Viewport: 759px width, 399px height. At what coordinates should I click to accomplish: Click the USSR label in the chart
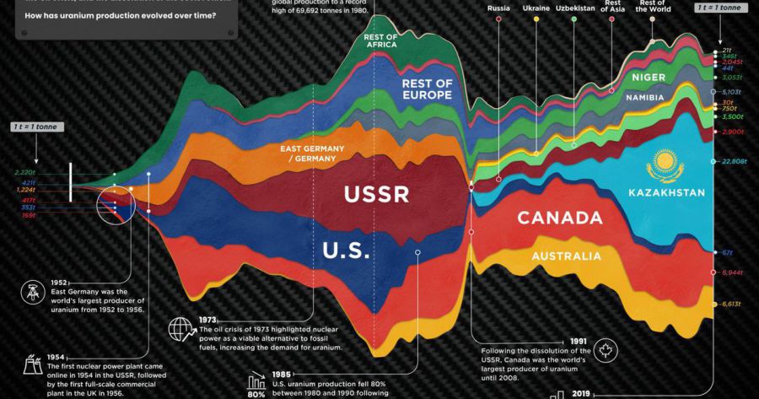[376, 195]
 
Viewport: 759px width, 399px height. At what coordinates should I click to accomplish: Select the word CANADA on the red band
[559, 218]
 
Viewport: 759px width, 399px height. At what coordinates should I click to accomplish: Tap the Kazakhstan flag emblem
[662, 161]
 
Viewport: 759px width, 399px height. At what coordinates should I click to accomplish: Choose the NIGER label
[649, 78]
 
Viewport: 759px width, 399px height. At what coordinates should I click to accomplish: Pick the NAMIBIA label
[645, 97]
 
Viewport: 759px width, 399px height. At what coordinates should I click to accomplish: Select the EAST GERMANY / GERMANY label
[313, 154]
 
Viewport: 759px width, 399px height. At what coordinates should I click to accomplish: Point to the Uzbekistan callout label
[573, 8]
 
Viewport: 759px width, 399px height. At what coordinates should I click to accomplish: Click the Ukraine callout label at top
[536, 8]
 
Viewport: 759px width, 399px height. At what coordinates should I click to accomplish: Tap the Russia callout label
[499, 8]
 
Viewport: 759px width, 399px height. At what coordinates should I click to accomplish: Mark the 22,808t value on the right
[735, 161]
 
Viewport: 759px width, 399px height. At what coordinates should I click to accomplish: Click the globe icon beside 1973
[180, 327]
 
